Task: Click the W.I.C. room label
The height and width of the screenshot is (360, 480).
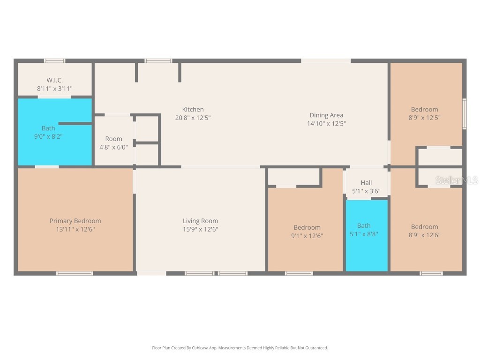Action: pyautogui.click(x=54, y=80)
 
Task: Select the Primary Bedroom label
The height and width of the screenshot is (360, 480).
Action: pyautogui.click(x=75, y=221)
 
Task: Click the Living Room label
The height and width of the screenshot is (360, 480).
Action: pyautogui.click(x=200, y=221)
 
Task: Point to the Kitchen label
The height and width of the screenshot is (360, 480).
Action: pyautogui.click(x=193, y=110)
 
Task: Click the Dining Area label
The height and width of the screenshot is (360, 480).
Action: pyautogui.click(x=326, y=115)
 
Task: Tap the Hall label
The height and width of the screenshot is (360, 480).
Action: pyautogui.click(x=366, y=183)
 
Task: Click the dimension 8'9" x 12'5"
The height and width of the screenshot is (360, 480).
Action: pyautogui.click(x=424, y=118)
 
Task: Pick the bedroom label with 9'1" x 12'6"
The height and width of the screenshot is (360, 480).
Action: pyautogui.click(x=307, y=227)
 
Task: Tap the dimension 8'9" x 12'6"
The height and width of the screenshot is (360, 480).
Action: pyautogui.click(x=424, y=235)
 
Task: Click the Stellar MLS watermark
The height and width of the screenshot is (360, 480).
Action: pyautogui.click(x=456, y=180)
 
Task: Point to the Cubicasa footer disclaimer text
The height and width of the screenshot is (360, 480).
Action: pyautogui.click(x=240, y=348)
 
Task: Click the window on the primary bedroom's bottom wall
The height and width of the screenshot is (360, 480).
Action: pyautogui.click(x=75, y=273)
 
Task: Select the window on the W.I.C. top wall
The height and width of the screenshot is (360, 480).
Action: pyautogui.click(x=54, y=60)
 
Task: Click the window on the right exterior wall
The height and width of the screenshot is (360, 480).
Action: pyautogui.click(x=464, y=113)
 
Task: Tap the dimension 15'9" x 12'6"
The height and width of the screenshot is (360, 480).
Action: pyautogui.click(x=200, y=229)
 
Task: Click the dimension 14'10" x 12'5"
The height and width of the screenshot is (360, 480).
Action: pyautogui.click(x=326, y=124)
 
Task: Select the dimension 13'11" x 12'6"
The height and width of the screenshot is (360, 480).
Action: pyautogui.click(x=75, y=229)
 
